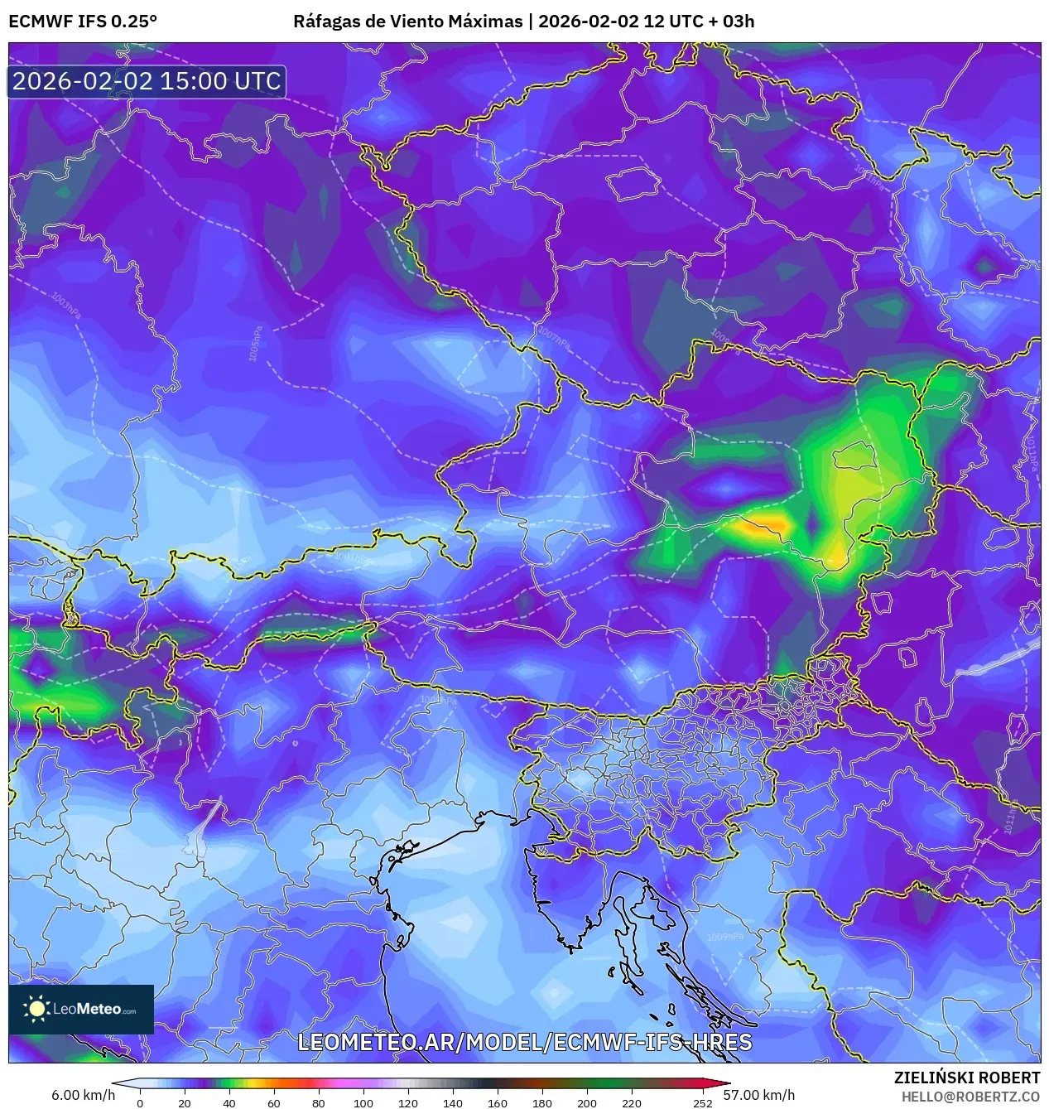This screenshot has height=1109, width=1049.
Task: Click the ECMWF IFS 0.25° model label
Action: click(x=83, y=21)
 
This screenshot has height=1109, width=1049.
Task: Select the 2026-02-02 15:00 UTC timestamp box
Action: click(x=147, y=81)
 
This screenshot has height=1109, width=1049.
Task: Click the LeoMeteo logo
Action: click(x=81, y=1009)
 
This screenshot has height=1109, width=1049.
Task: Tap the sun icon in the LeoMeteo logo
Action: click(x=36, y=1008)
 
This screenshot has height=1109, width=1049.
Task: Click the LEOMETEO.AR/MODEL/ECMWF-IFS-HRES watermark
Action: click(x=524, y=1041)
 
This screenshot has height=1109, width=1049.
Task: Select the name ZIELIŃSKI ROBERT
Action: click(x=966, y=1078)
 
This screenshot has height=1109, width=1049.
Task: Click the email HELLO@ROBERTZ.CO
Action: click(x=970, y=1096)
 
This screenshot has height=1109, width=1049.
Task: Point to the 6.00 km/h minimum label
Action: click(x=83, y=1095)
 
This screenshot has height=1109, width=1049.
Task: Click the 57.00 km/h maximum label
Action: click(x=758, y=1095)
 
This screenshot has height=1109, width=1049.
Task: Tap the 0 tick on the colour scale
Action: click(x=140, y=1102)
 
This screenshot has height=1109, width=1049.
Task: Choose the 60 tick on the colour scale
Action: click(x=274, y=1102)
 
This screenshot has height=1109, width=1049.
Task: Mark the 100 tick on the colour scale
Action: click(x=363, y=1102)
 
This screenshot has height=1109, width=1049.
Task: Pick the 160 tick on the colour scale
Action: click(x=498, y=1102)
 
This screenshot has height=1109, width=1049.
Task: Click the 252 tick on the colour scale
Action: click(x=702, y=1102)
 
